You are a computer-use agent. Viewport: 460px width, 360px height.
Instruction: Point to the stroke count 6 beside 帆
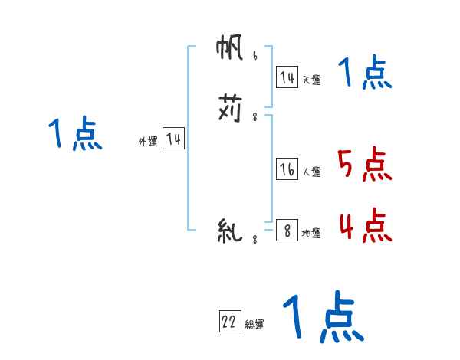(254, 57)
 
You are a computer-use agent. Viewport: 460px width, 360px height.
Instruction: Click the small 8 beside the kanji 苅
(254, 116)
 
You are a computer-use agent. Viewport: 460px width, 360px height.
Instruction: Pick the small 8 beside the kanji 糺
(254, 240)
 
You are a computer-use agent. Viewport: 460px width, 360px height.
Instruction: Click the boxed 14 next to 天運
(287, 77)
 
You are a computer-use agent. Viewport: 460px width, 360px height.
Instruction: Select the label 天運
(311, 80)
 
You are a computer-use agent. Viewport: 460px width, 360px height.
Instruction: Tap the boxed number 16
(287, 170)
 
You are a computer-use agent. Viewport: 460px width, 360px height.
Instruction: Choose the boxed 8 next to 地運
(287, 231)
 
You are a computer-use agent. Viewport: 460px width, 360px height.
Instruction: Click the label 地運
(311, 233)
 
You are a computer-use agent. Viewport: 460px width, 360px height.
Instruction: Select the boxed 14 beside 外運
(173, 139)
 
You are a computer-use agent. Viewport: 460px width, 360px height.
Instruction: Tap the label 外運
(148, 142)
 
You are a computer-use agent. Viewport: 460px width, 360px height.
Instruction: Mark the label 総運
(255, 325)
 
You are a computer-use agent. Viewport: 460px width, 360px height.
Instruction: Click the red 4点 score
(364, 225)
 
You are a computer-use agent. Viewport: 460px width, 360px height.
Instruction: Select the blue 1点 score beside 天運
(365, 74)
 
